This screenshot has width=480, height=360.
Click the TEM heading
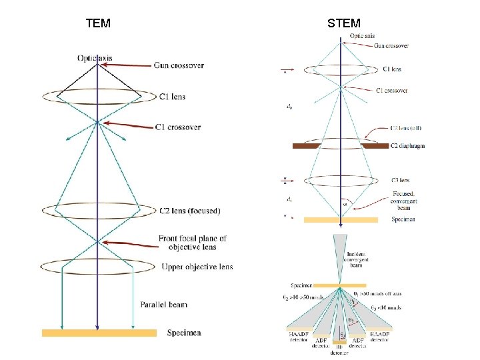[x=98, y=24]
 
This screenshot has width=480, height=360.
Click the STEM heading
[x=344, y=24]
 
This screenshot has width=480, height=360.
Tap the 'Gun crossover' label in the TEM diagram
[x=179, y=65]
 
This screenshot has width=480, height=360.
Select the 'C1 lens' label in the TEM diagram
[x=172, y=97]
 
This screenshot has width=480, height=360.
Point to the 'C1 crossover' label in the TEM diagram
[x=177, y=127]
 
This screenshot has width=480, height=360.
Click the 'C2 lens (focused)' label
[x=189, y=211]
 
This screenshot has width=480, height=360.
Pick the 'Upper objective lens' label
[x=197, y=267]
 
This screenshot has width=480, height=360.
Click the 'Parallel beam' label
[x=164, y=305]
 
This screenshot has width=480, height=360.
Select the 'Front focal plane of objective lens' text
[x=192, y=243]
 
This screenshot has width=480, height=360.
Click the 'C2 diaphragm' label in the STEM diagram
[x=408, y=146]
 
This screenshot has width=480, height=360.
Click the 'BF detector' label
[x=339, y=350]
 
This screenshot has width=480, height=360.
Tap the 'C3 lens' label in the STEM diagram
[x=400, y=180]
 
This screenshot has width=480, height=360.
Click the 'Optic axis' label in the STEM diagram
[x=363, y=36]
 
